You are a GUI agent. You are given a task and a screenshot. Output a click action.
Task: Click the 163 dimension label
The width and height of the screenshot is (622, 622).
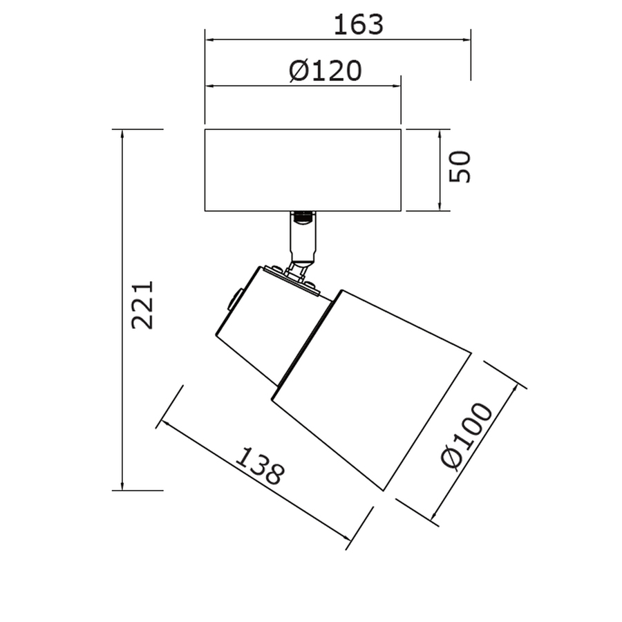tap(359, 25)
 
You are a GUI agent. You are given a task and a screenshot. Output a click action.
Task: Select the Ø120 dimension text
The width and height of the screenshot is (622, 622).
tap(326, 70)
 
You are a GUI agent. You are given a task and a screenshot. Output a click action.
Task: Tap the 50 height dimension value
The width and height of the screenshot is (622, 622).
tap(460, 167)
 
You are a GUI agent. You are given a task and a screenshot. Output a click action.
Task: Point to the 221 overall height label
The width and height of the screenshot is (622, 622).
tap(142, 305)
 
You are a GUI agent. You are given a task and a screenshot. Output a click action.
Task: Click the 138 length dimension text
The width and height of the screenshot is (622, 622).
tap(261, 466)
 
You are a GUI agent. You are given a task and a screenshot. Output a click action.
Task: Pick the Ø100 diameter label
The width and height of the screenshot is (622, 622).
tap(467, 435)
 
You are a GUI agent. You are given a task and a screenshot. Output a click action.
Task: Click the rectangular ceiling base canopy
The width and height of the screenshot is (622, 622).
tap(303, 170)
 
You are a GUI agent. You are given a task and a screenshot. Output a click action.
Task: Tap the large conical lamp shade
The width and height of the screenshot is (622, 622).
tap(371, 390)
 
